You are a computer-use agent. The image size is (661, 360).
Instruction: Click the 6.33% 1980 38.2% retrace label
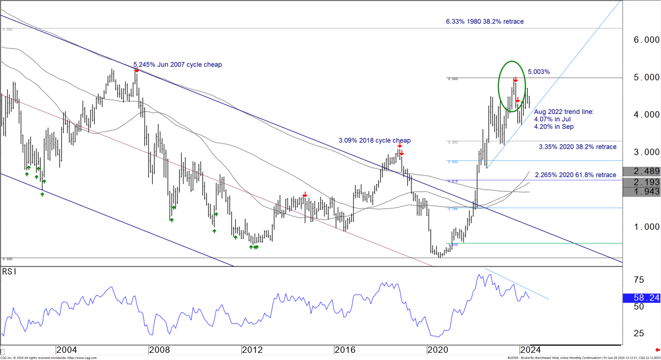[x=485, y=21]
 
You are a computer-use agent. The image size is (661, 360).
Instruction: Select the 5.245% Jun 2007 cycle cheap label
[x=177, y=64]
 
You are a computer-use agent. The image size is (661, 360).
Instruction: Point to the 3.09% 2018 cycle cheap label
[x=375, y=140]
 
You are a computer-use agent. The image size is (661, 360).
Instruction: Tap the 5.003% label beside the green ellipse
[x=539, y=72]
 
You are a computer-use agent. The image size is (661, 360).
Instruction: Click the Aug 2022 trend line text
[x=564, y=112]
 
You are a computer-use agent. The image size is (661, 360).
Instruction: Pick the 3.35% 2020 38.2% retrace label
[x=577, y=147]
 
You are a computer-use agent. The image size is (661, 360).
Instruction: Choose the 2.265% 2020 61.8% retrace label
[x=576, y=175]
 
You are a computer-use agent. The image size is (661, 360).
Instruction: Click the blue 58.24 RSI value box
[x=642, y=298]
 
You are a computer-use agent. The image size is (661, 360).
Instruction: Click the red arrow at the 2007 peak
[x=137, y=70]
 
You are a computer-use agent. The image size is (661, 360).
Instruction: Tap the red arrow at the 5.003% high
[x=515, y=80]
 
